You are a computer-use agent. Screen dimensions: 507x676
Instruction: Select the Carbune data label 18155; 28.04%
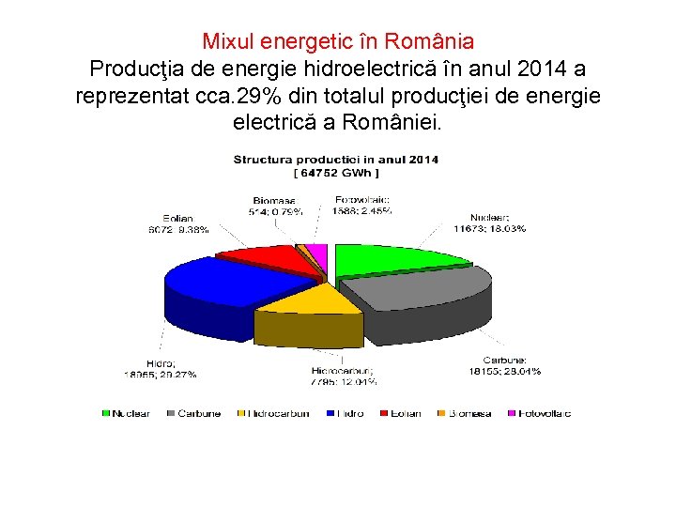(x=498, y=365)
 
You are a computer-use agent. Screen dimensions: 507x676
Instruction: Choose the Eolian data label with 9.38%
(x=179, y=224)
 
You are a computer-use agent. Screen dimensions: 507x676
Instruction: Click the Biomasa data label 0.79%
(x=274, y=205)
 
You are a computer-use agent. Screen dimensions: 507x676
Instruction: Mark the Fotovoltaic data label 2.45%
(x=362, y=205)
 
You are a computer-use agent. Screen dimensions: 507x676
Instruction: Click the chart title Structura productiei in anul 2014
(x=335, y=160)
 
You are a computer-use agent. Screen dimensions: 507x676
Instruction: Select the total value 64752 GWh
(x=335, y=173)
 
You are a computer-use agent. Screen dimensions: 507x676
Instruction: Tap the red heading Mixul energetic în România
(x=338, y=42)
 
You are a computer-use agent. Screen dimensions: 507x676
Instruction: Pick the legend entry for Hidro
(x=344, y=413)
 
